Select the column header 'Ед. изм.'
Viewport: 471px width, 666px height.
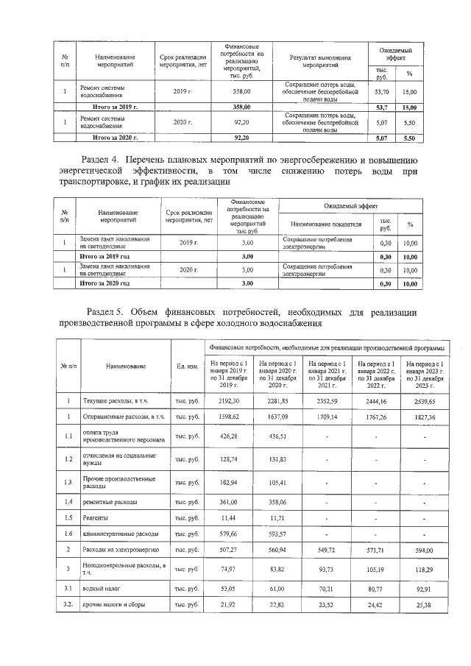click(x=187, y=366)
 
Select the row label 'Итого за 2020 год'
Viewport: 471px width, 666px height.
click(x=105, y=283)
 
